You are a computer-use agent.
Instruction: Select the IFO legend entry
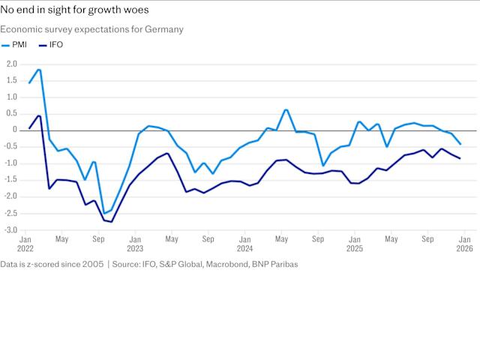pos(55,46)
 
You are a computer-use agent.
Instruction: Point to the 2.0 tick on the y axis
pos(11,64)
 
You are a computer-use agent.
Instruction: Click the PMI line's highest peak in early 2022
pos(39,70)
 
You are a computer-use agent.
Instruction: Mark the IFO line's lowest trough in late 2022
pos(112,222)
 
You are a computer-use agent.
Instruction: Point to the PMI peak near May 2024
pos(286,109)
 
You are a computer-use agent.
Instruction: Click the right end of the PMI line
pos(460,144)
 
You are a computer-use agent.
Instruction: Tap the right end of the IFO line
pos(460,158)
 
